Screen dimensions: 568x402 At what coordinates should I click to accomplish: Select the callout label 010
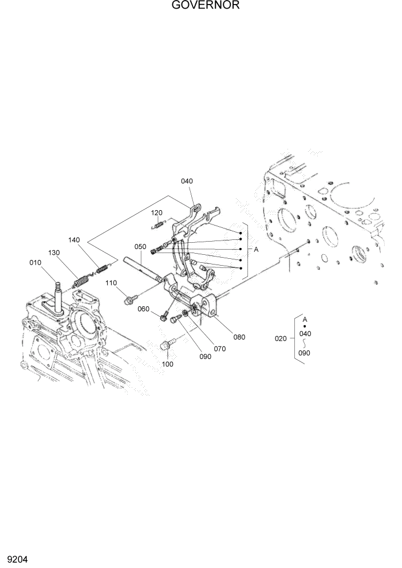coord(36,263)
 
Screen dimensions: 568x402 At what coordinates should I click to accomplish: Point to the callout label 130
coord(54,253)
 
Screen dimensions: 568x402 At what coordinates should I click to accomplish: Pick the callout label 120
coord(157,212)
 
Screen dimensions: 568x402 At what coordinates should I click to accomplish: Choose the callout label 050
coord(141,246)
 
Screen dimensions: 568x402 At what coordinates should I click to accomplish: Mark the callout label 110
coord(111,283)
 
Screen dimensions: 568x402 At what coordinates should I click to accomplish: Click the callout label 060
coord(143,309)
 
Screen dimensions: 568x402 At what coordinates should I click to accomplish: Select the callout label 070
coord(220,348)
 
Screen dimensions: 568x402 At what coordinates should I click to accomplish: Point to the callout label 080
coord(239,337)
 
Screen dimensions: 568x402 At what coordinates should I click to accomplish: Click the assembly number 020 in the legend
coord(281,338)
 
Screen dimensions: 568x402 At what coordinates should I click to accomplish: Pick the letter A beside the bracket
coord(256,250)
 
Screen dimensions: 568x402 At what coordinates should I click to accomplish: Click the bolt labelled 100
coord(167,345)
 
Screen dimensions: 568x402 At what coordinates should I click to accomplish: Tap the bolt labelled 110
coord(129,298)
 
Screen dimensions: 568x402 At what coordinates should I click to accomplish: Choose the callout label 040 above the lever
coord(187,181)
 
